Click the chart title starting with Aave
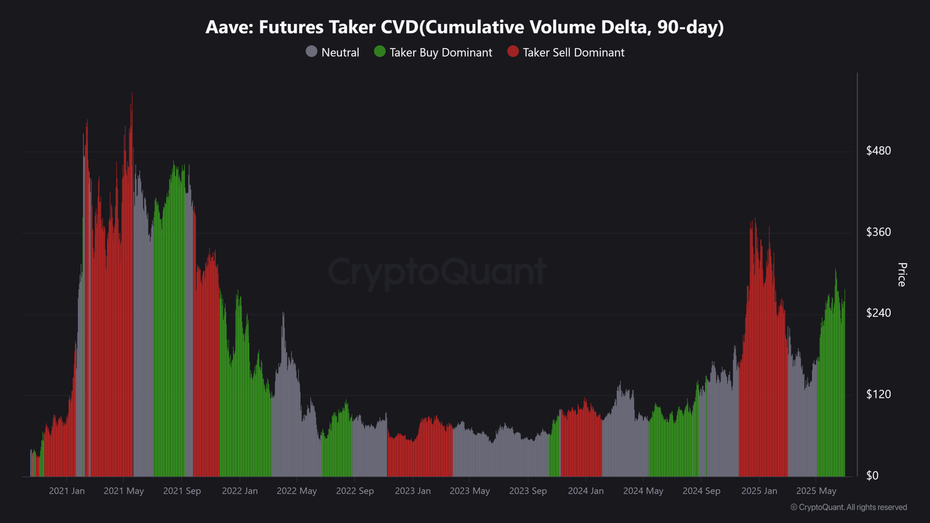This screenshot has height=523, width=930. tap(464, 27)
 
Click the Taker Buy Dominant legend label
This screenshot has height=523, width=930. tap(441, 52)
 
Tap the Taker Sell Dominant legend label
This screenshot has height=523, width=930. tap(573, 52)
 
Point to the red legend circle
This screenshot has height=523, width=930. tap(513, 52)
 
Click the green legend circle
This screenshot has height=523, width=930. tap(380, 52)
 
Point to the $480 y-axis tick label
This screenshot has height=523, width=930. tap(878, 151)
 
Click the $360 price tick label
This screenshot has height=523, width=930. tap(878, 232)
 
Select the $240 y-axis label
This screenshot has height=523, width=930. tap(878, 313)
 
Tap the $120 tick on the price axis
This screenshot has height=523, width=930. tap(878, 394)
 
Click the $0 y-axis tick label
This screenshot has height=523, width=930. tap(872, 475)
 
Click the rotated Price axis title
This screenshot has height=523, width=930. tap(902, 274)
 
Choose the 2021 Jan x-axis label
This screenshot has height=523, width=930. tap(67, 491)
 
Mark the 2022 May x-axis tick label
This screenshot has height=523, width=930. tap(296, 491)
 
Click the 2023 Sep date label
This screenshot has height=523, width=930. tap(528, 491)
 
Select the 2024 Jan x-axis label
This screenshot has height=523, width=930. tap(585, 491)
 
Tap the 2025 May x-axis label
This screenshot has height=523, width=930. tap(816, 491)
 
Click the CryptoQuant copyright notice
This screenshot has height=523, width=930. tap(849, 507)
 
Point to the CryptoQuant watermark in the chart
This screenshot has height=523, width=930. tap(437, 271)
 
